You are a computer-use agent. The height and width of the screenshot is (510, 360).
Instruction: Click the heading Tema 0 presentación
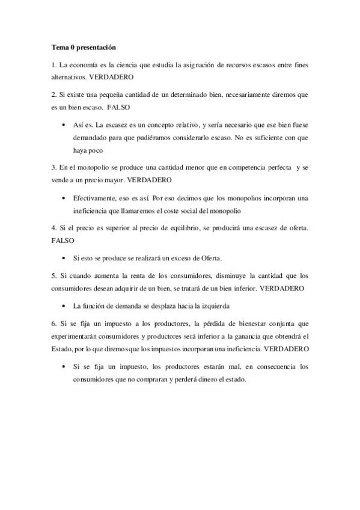point(84,47)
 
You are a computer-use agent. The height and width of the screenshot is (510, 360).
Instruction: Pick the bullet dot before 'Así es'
point(64,125)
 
